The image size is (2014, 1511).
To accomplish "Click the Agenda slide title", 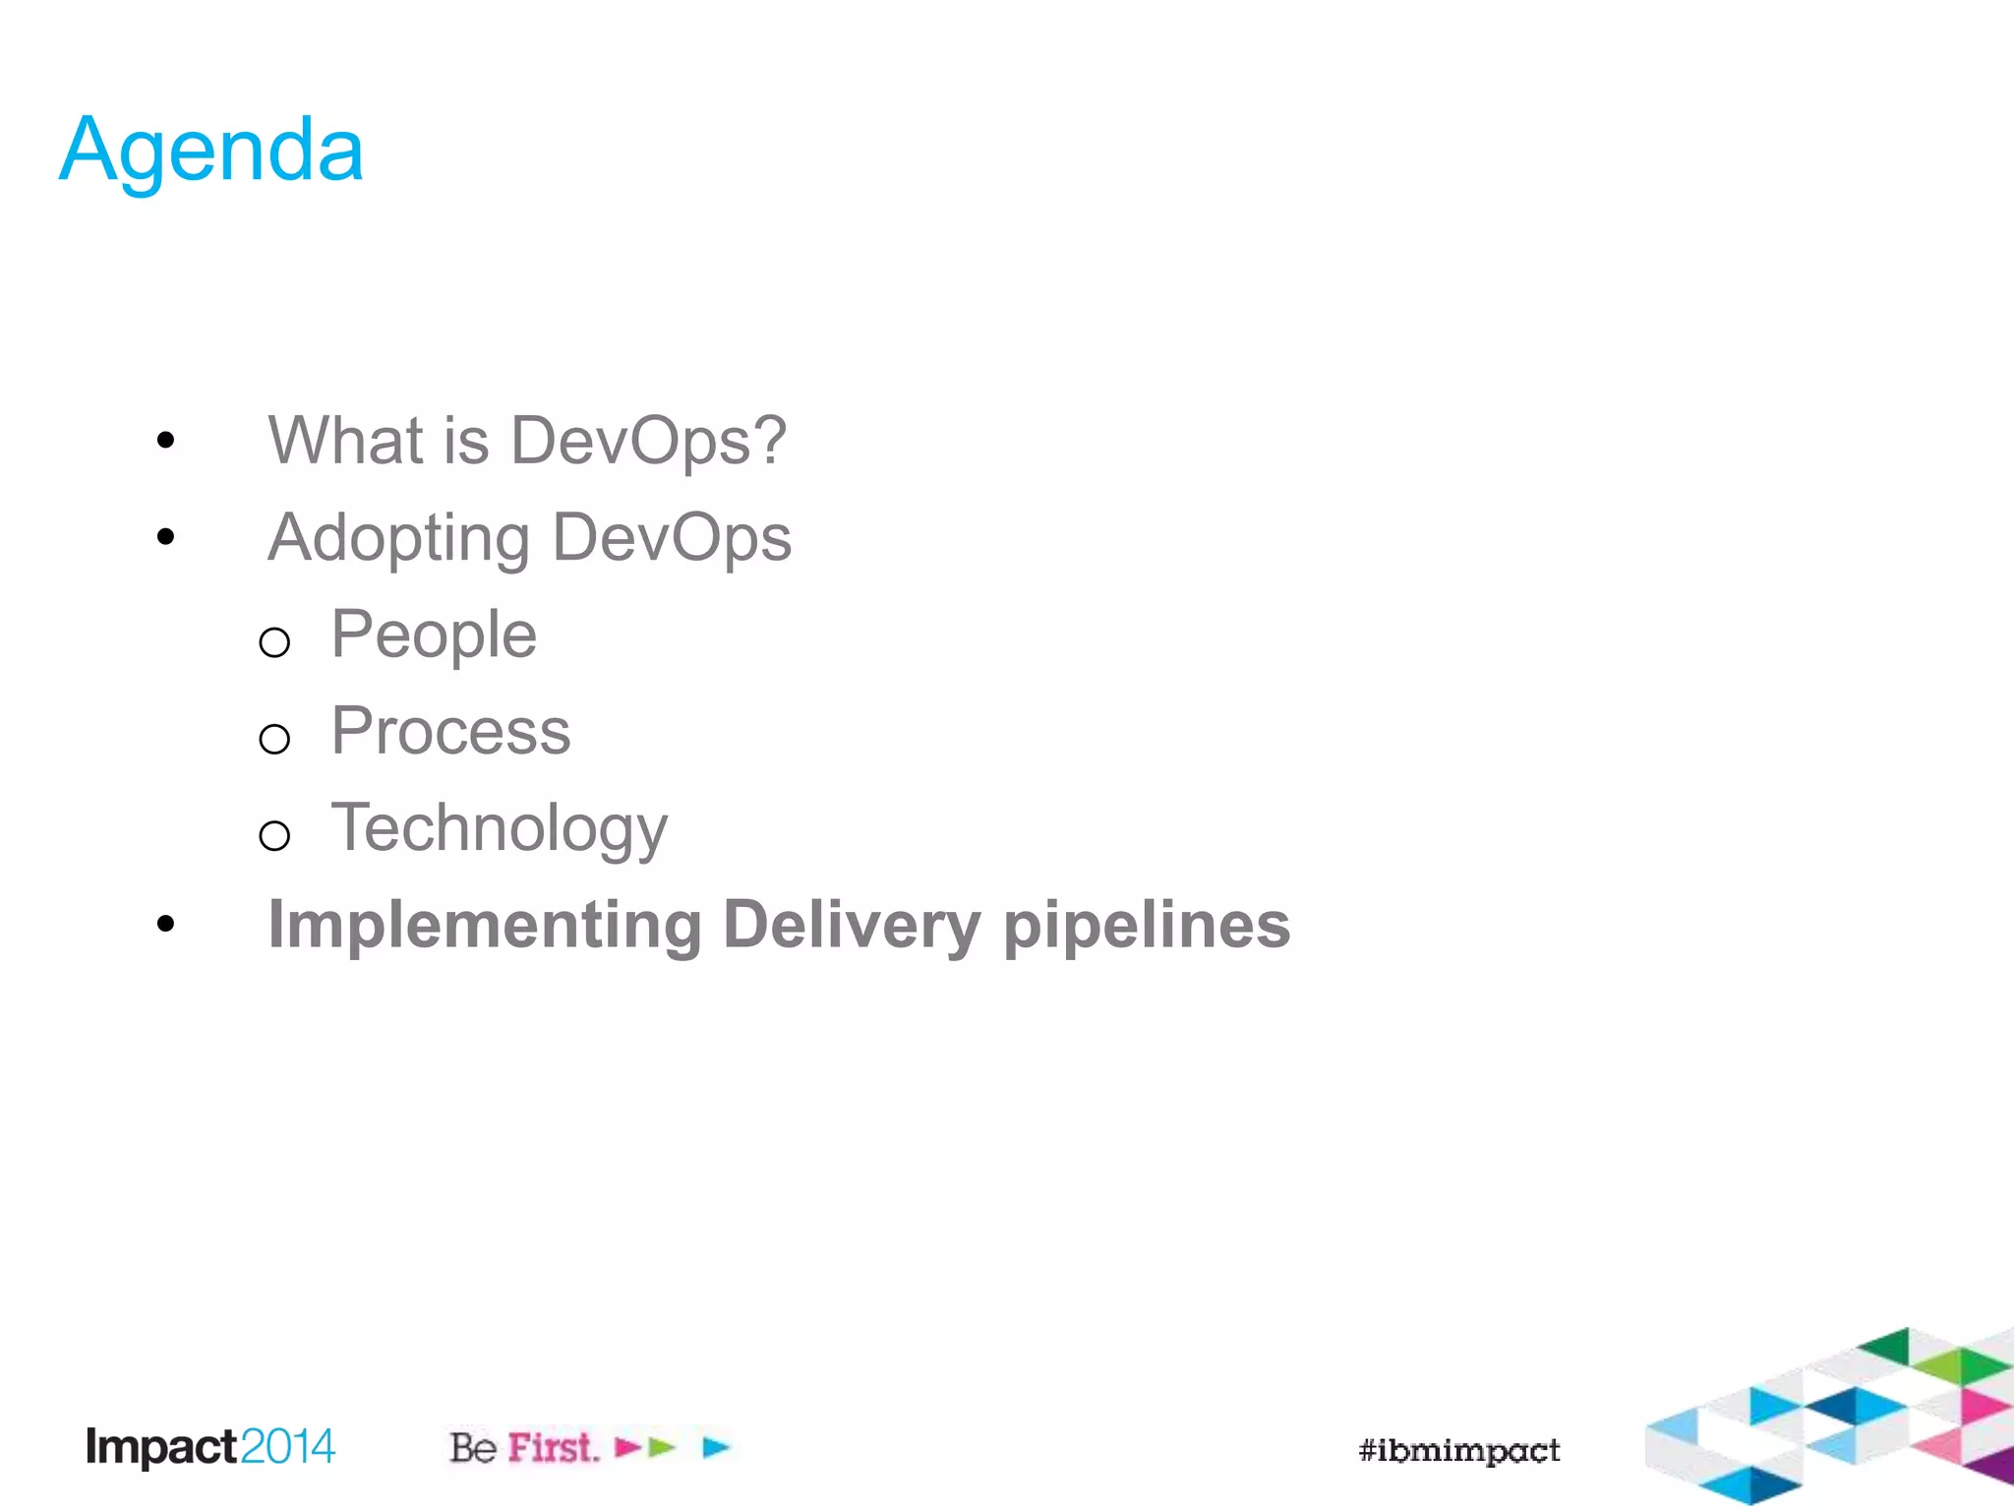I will point(211,150).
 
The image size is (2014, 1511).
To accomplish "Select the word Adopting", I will point(398,539).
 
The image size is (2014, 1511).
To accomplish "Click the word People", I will point(434,635).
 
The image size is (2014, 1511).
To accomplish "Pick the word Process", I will point(450,731).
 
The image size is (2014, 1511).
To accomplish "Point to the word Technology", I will point(499,828).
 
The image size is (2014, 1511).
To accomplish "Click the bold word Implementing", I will point(485,926).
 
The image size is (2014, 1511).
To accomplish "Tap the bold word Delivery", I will point(852,926).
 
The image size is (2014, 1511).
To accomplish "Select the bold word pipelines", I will point(1147,926).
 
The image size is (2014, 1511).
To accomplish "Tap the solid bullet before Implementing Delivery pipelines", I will point(165,924).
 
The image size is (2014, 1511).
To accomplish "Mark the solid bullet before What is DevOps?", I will point(165,440).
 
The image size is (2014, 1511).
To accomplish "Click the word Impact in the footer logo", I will point(161,1447).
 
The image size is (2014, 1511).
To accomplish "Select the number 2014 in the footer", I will point(287,1447).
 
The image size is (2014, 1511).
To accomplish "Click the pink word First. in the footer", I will point(554,1448).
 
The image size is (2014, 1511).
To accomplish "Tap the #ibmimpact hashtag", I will point(1458,1450).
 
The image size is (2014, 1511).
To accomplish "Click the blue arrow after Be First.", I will point(716,1447).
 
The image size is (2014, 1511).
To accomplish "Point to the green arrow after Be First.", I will point(663,1447).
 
